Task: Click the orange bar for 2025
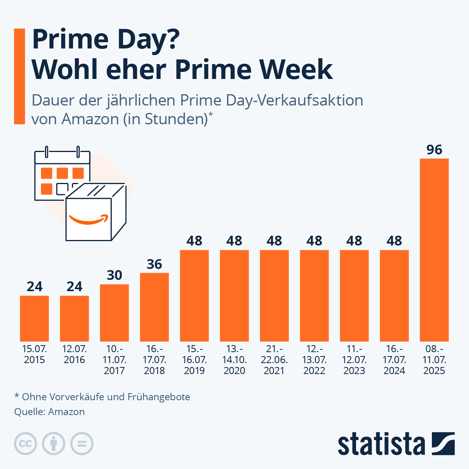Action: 434,250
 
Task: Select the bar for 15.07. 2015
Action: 34,319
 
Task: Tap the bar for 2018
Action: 154,307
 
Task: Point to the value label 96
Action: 434,150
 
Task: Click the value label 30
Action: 115,275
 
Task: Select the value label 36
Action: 154,264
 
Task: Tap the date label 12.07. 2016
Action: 74,354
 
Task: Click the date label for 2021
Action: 274,360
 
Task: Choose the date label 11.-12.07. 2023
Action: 354,360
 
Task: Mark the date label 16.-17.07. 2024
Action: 394,360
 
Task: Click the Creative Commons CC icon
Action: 26,444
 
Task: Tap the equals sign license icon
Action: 82,444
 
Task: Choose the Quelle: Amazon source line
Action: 50,412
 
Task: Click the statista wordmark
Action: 381,444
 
